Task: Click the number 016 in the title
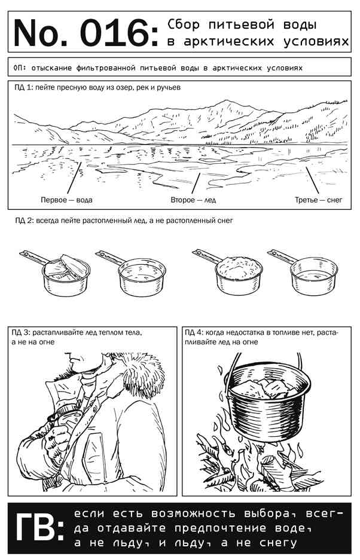pos(115,33)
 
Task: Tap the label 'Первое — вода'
pos(66,200)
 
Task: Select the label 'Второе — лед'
pos(193,200)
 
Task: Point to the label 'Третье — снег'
pos(319,200)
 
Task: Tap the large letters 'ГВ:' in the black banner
pos(39,528)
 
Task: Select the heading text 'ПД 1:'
pos(23,87)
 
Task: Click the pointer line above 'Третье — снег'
pos(312,180)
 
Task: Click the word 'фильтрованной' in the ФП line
pos(105,68)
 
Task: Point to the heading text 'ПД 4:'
pos(194,332)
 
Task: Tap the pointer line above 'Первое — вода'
pos(74,178)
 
